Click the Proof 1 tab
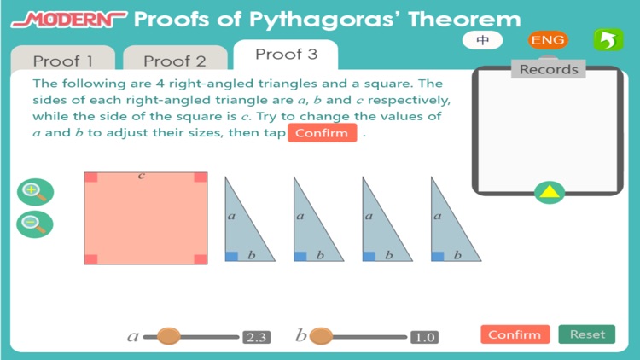pos(62,61)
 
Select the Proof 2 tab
pos(174,61)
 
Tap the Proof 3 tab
pos(286,55)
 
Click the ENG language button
pos(547,40)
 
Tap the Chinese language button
pos(483,40)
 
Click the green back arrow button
pos(608,40)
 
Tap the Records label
pos(549,69)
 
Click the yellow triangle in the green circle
pos(550,192)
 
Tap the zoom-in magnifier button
pos(34,192)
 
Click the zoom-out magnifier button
pos(34,224)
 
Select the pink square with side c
pos(145,218)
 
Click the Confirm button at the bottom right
pos(515,334)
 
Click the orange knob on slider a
pos(168,336)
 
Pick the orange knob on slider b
pos(321,336)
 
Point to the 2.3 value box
pos(256,337)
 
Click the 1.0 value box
pos(424,337)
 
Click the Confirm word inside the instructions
pos(322,133)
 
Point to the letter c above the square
pos(142,176)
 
